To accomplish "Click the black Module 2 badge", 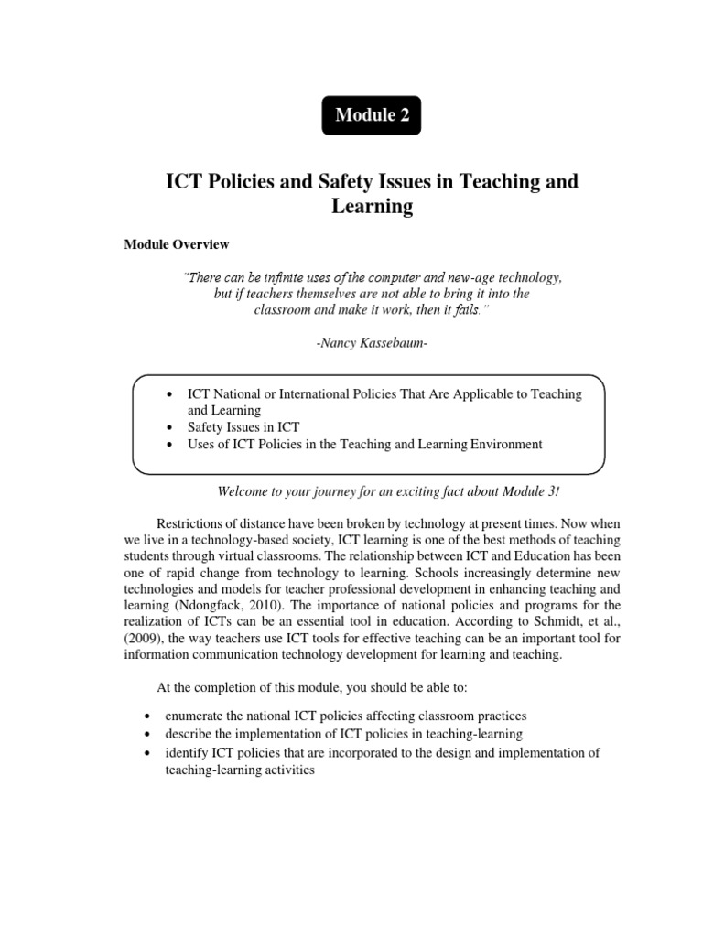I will coord(372,115).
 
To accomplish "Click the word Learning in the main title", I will coord(372,207).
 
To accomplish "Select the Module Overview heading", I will coord(177,244).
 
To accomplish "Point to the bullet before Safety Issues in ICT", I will coord(171,427).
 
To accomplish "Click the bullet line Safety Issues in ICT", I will coord(243,427).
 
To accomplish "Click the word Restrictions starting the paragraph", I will coord(195,523).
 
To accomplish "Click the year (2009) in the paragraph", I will coord(143,639).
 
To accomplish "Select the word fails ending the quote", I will coord(480,309).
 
